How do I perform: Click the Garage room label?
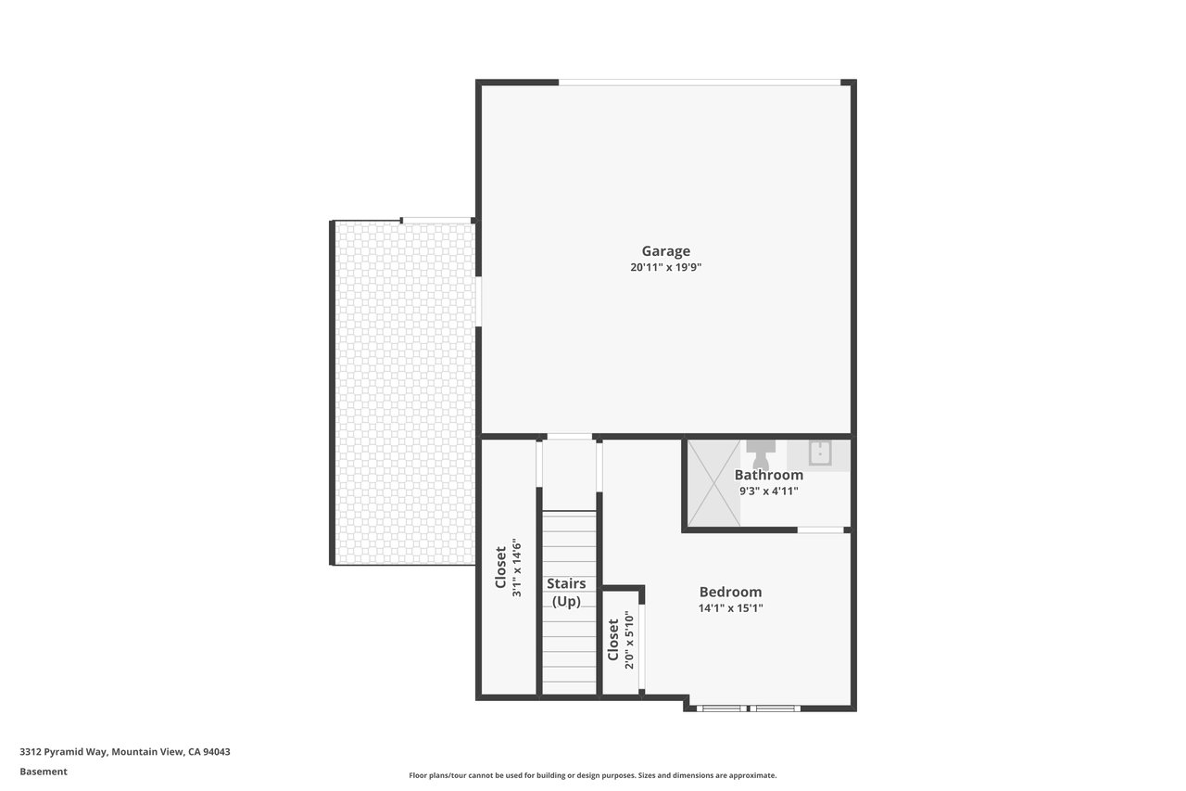(x=665, y=251)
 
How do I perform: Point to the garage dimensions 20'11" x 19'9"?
(x=665, y=267)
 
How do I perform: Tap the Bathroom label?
(x=768, y=475)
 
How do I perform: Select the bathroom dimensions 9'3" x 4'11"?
(x=768, y=491)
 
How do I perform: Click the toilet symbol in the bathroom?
(x=761, y=454)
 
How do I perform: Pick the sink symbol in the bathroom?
(x=820, y=453)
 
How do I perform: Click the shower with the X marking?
(x=713, y=482)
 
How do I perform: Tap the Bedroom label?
(x=730, y=592)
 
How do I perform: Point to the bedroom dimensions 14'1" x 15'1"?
(x=730, y=608)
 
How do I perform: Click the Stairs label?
(x=566, y=583)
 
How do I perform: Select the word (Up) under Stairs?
(x=566, y=602)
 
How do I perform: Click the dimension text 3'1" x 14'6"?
(x=517, y=569)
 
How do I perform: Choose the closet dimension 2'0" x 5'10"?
(x=629, y=641)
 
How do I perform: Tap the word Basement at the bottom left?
(x=44, y=772)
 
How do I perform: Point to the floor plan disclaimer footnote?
(x=592, y=775)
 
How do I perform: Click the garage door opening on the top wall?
(x=700, y=83)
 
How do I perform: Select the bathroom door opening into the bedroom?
(x=820, y=529)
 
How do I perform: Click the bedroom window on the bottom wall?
(x=748, y=708)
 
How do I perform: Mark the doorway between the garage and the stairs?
(x=569, y=437)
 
